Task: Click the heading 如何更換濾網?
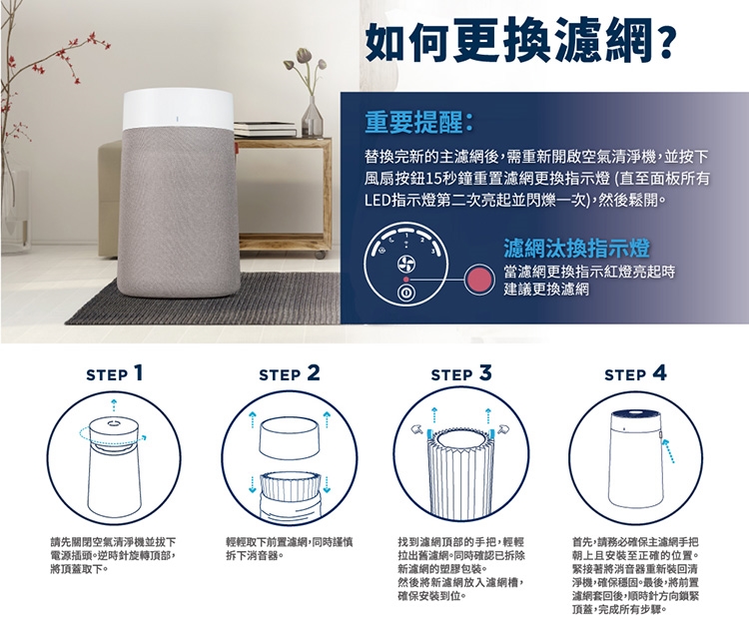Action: (520, 39)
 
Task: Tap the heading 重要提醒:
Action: (418, 122)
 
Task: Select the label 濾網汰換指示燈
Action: (576, 248)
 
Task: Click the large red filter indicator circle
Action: (479, 280)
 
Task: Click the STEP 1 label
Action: (115, 373)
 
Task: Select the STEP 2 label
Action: (290, 373)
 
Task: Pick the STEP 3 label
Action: (461, 373)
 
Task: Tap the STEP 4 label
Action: (635, 373)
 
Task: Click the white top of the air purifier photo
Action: (178, 111)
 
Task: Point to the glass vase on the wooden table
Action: (312, 116)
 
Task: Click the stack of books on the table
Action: (265, 129)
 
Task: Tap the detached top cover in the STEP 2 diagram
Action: (289, 437)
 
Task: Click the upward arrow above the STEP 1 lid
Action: (113, 403)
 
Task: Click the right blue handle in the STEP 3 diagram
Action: (491, 433)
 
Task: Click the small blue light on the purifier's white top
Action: (177, 118)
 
